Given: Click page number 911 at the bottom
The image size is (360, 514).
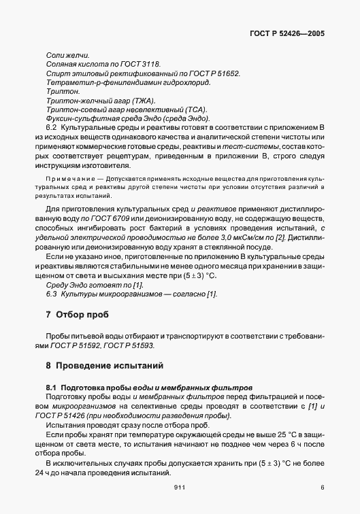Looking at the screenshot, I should tap(180, 487).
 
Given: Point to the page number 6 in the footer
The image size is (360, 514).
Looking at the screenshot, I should tap(322, 487).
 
